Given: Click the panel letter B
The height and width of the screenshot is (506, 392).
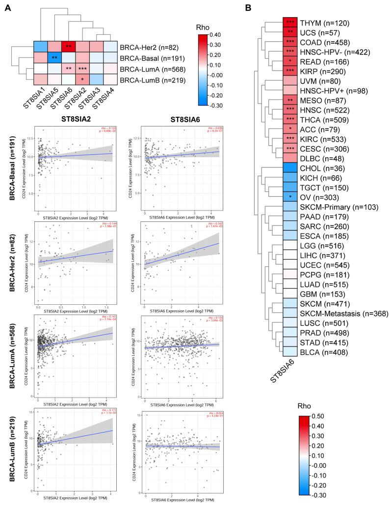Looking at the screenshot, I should [261, 8].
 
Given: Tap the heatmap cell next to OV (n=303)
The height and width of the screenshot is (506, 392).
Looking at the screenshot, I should [293, 196].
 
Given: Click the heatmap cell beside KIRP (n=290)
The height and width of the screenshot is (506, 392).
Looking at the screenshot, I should [293, 71].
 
